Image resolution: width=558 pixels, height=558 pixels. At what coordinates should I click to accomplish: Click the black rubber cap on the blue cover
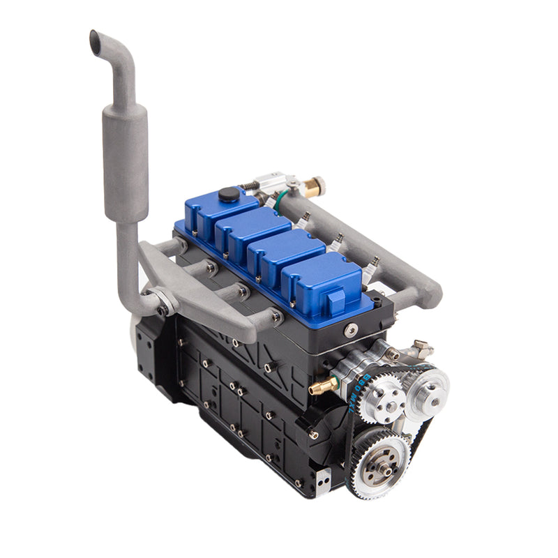coord(227,195)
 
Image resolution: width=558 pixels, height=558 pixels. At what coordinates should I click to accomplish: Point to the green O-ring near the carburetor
coord(280,202)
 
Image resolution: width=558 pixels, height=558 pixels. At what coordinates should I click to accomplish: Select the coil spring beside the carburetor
coord(249,186)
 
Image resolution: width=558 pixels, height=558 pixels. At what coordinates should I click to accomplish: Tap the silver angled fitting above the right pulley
coord(421,347)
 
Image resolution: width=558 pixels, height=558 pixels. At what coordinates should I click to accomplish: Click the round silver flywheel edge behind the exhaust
coord(135,328)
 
